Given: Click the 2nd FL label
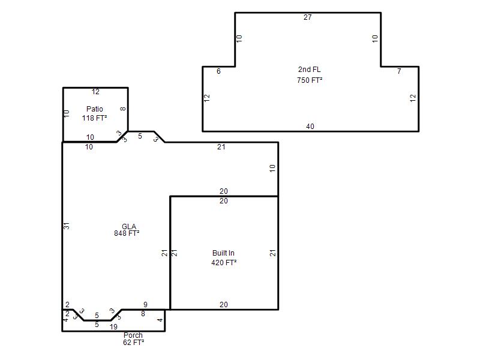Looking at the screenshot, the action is [x=310, y=70].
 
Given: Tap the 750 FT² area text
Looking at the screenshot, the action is [x=310, y=80].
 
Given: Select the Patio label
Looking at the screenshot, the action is [x=95, y=109].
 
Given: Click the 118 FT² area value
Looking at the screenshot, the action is [x=95, y=118].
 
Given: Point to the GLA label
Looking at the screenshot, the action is [x=129, y=227].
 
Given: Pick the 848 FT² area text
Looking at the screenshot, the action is [x=127, y=233].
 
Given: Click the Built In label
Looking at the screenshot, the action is [x=223, y=253].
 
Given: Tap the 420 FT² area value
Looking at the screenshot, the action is [x=224, y=263].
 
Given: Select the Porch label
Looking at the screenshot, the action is [x=133, y=335].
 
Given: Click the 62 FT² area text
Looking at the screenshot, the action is [x=133, y=343].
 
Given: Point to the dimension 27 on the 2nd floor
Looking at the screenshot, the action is [x=308, y=17].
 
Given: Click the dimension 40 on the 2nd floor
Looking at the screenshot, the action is [x=310, y=127].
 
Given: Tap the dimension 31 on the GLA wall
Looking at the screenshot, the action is [x=67, y=226].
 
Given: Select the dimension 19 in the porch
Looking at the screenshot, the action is [x=113, y=327].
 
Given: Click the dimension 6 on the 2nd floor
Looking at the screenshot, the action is [x=218, y=71].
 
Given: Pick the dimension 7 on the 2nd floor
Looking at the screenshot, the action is [x=399, y=71].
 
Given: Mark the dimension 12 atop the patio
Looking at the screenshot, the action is [x=95, y=92].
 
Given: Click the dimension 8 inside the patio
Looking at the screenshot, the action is [x=123, y=109].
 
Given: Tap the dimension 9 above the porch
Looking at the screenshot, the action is [x=145, y=305].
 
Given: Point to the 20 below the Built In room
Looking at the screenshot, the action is [x=224, y=305].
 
